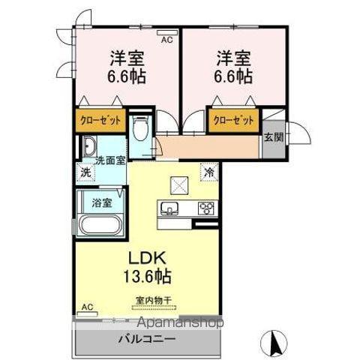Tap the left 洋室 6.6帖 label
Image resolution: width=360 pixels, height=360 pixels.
coord(127,67)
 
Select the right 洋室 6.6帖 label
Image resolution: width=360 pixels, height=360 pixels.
coord(235,67)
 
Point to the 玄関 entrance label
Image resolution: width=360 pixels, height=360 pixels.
coord(274,136)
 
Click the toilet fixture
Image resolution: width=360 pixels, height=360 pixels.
coord(139,130)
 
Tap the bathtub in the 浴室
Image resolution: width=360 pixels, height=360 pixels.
coord(100,224)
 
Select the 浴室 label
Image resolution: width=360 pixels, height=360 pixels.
coord(101,202)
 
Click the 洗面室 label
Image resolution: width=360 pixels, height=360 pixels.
coord(109,160)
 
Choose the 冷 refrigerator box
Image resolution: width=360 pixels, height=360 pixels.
coord(207,171)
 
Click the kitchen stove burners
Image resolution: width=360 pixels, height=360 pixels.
coord(206,208)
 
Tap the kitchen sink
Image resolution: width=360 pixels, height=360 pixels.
coord(166,208)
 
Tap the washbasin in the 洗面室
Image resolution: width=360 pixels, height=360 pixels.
coord(89,146)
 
